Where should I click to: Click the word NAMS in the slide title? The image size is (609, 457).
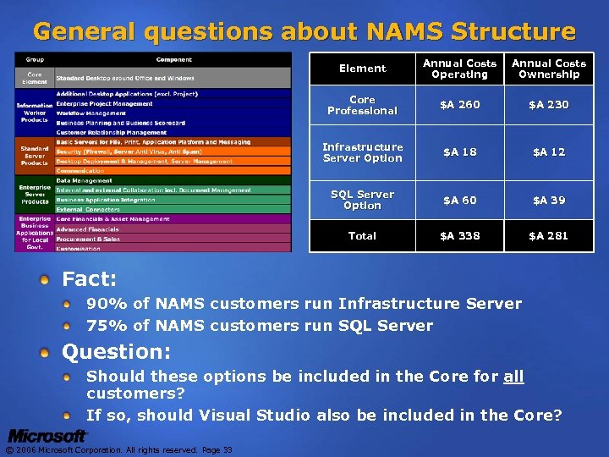[395, 32]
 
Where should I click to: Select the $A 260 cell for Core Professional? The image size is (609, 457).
[459, 105]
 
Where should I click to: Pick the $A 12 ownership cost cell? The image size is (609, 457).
[548, 152]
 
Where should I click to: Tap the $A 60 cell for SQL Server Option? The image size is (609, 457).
[459, 201]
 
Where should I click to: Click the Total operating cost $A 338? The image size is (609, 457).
[459, 236]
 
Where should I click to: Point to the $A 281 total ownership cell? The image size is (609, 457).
[548, 236]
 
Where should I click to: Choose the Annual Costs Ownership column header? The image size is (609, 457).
[548, 69]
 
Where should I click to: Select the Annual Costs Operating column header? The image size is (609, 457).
[459, 69]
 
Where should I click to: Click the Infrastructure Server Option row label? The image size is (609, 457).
[362, 152]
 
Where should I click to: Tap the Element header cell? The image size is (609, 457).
[362, 69]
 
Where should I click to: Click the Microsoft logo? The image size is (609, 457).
[47, 436]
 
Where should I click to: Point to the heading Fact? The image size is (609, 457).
[89, 278]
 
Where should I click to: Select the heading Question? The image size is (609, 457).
[117, 350]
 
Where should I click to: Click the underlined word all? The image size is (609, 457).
[513, 376]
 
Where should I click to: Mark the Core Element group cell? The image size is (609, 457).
[35, 77]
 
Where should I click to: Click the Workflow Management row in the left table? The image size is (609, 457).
[91, 113]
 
